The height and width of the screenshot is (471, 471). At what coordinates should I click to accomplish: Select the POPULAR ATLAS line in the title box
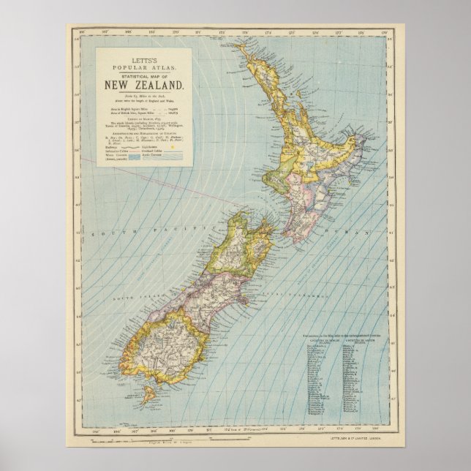[x=137, y=64]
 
